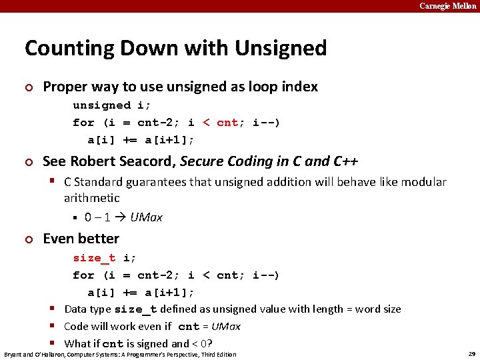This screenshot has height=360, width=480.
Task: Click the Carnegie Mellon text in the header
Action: tap(448, 6)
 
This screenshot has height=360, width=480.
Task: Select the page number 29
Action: tap(471, 354)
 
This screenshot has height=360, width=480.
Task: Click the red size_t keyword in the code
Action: tap(94, 258)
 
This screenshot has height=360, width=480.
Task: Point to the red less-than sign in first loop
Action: tap(206, 123)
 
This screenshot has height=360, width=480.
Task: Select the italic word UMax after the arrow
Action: tap(146, 217)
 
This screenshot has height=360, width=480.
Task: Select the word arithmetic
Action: tap(92, 198)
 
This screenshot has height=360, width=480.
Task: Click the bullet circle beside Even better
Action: tap(28, 239)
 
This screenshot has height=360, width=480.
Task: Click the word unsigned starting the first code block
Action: tap(102, 105)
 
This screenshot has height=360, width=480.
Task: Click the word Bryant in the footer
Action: tap(15, 354)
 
